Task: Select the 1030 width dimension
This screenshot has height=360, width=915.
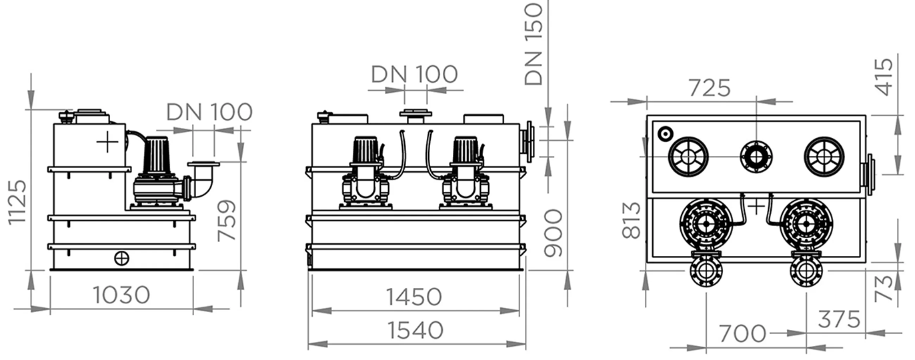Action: coord(122,295)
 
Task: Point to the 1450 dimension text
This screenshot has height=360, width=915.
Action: coord(415,297)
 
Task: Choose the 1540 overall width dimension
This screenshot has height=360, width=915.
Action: coord(415,330)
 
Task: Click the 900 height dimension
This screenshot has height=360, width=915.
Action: coord(553,233)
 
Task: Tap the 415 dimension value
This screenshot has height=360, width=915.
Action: coord(884,77)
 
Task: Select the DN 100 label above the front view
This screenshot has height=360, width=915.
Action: coord(414,74)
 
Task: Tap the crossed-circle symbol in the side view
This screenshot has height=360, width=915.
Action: coord(121,258)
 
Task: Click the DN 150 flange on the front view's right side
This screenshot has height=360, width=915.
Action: coord(530,141)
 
